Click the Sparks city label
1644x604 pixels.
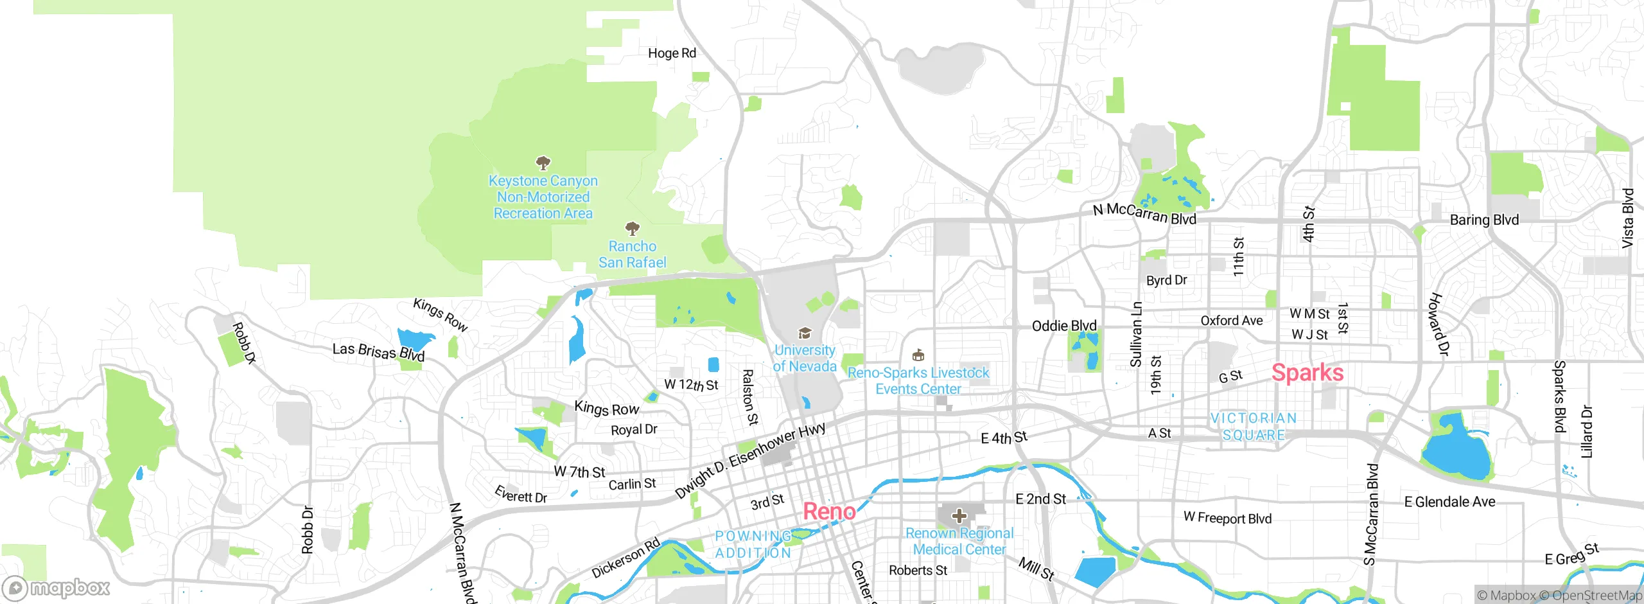[x=1307, y=373]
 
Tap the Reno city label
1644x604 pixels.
[x=829, y=511]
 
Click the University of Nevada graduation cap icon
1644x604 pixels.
[x=804, y=333]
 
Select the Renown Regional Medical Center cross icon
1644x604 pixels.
[x=959, y=515]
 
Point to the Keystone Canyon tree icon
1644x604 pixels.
[x=543, y=162]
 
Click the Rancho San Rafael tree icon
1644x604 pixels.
[x=633, y=228]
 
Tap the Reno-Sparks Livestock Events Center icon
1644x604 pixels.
[x=918, y=355]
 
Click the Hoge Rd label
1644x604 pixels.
[x=672, y=53]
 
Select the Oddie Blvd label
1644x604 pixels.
[x=1063, y=326]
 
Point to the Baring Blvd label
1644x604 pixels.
[x=1484, y=220]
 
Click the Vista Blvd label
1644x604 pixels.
[x=1627, y=218]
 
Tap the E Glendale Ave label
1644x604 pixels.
[x=1449, y=502]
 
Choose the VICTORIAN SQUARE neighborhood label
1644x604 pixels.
[x=1254, y=427]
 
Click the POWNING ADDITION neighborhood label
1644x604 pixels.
[x=753, y=544]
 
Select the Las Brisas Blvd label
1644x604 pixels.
[x=378, y=352]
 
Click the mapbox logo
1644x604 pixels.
[x=57, y=587]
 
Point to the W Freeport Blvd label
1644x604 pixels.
[x=1227, y=518]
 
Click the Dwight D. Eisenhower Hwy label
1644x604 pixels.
[x=749, y=461]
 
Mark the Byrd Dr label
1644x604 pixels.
[x=1166, y=280]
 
